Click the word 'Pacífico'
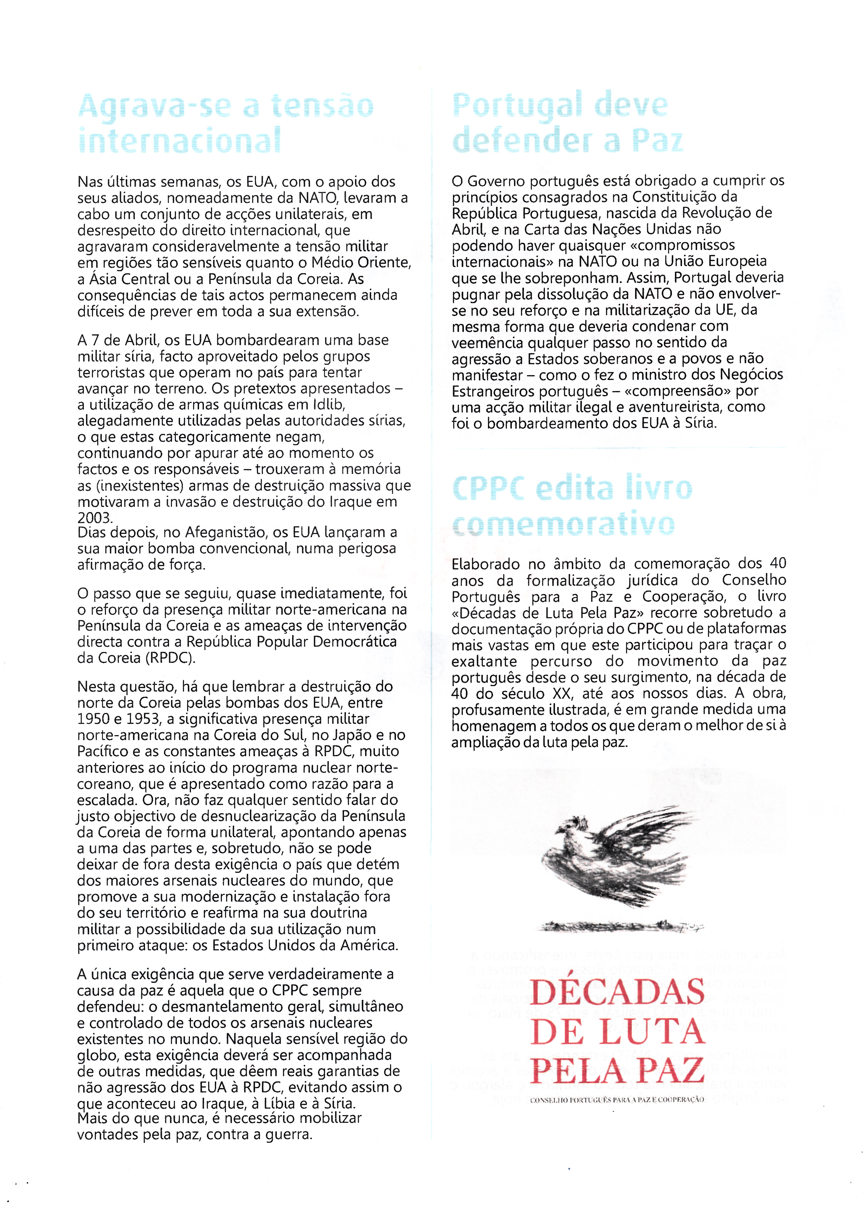[x=104, y=751]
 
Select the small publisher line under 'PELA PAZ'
[x=617, y=1100]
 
